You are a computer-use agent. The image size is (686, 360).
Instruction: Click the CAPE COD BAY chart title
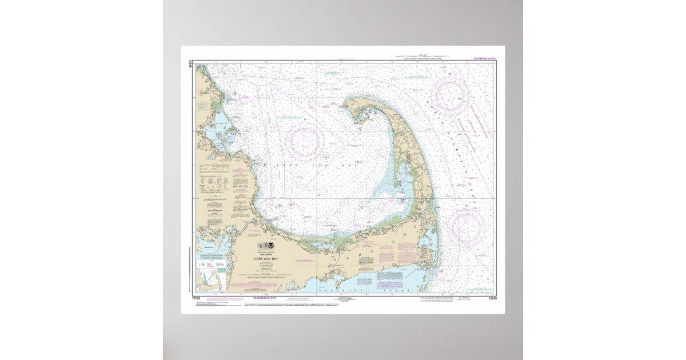click(x=267, y=258)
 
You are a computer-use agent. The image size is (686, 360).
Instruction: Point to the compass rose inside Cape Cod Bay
click(x=305, y=142)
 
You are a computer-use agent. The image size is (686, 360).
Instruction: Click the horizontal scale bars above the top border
click(x=423, y=57)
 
